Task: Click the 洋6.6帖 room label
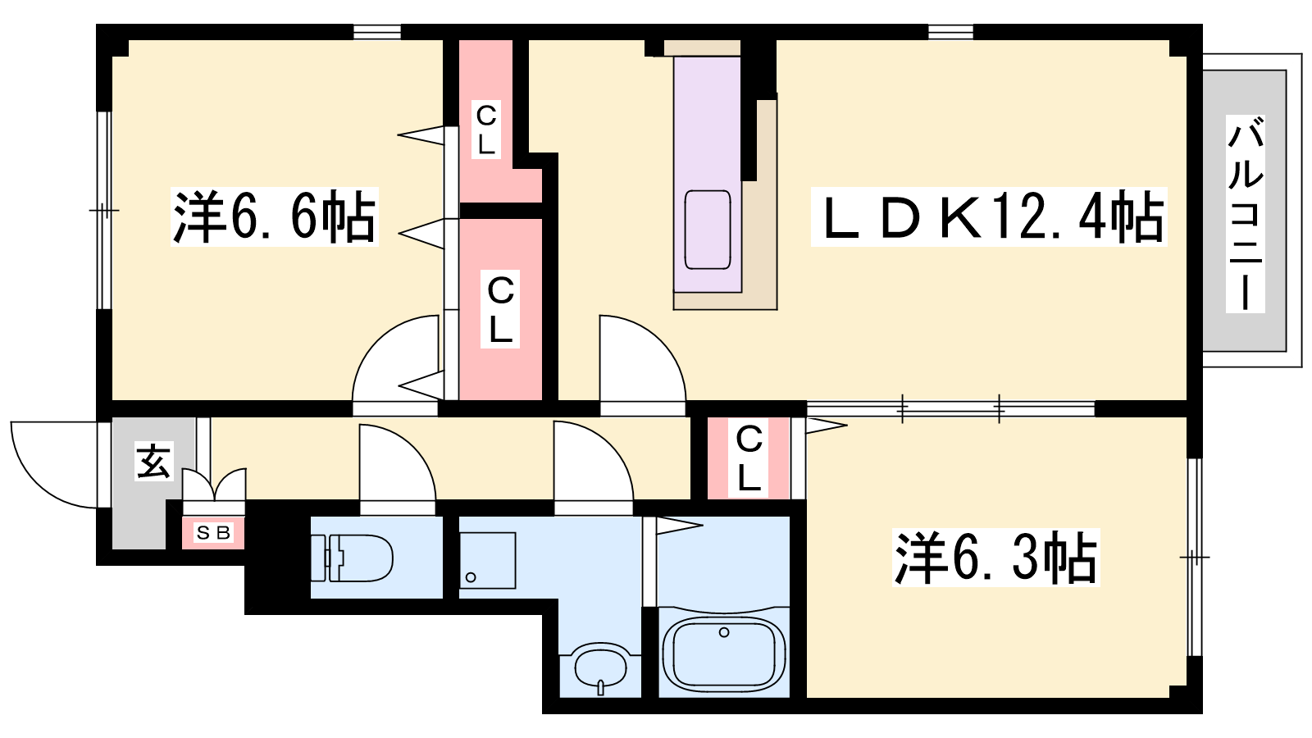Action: tap(274, 216)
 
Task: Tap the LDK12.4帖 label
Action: tap(989, 216)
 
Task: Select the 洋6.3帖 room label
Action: tap(995, 557)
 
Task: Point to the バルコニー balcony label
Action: tap(1246, 214)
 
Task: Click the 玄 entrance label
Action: tap(154, 462)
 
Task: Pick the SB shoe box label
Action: tap(213, 533)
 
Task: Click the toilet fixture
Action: tap(352, 558)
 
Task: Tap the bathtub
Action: tap(723, 655)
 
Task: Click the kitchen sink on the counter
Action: tap(708, 230)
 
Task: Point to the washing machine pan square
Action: tap(487, 561)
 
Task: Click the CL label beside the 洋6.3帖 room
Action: tap(749, 458)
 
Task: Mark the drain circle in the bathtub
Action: tap(724, 632)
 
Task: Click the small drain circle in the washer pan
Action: tap(471, 578)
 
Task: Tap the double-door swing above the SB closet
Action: tap(214, 485)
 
